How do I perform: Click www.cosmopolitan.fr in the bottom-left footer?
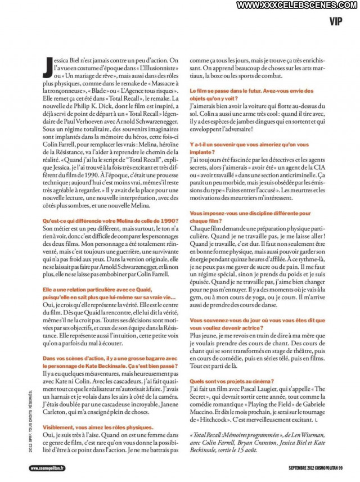(x=47, y=468)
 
